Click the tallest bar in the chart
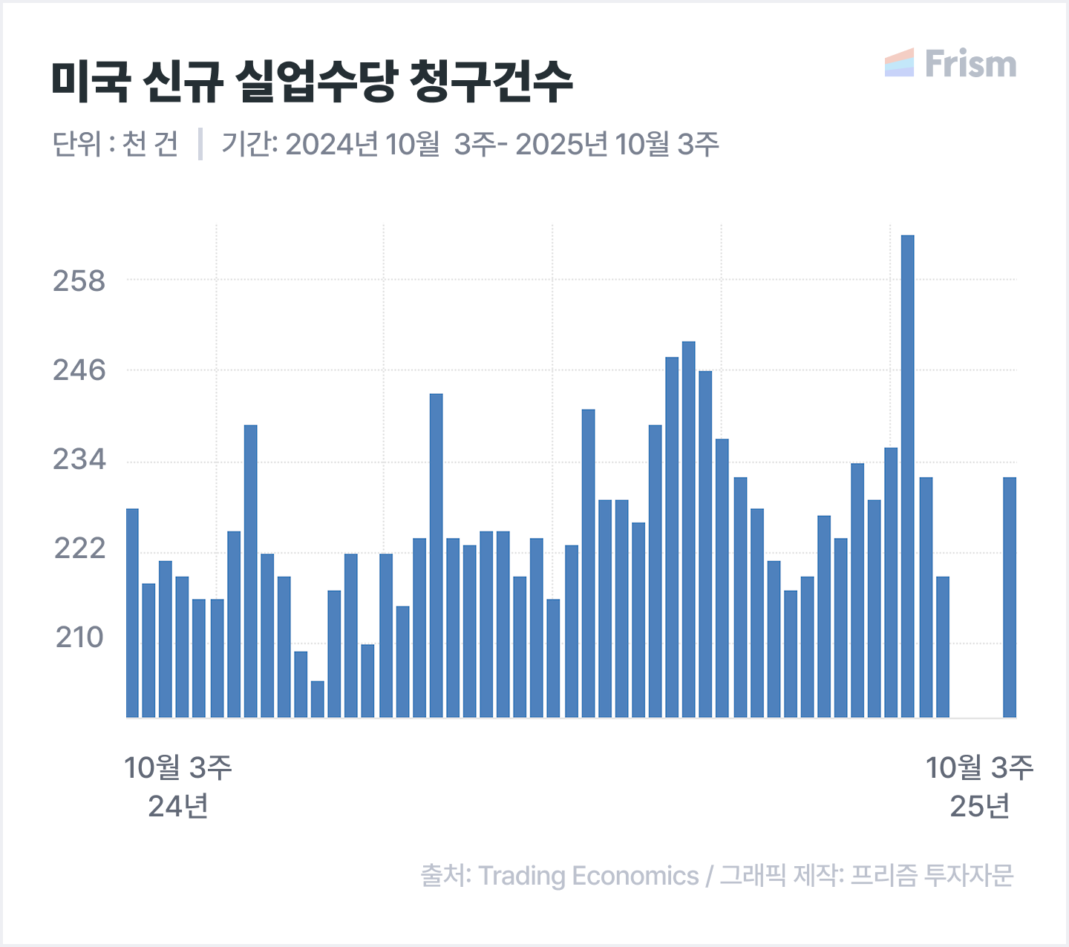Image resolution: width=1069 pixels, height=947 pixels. pyautogui.click(x=907, y=475)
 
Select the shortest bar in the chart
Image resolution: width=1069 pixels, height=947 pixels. pyautogui.click(x=317, y=698)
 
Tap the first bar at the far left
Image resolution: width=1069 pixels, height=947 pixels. pyautogui.click(x=132, y=612)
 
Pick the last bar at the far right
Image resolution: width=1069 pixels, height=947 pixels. pyautogui.click(x=1009, y=597)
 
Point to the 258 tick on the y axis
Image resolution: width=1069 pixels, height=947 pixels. pyautogui.click(x=79, y=281)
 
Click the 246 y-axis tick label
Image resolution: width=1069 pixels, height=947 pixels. pyautogui.click(x=79, y=370)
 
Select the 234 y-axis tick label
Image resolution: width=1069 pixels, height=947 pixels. pyautogui.click(x=79, y=460)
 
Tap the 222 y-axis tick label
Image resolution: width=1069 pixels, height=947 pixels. pyautogui.click(x=79, y=549)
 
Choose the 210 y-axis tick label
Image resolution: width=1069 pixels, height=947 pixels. pyautogui.click(x=79, y=638)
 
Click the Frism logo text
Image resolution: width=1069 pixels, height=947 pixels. pyautogui.click(x=970, y=64)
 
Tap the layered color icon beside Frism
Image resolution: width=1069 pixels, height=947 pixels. pyautogui.click(x=899, y=63)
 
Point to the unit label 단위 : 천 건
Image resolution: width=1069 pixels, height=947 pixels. pyautogui.click(x=115, y=144)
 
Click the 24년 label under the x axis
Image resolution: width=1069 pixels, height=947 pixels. pyautogui.click(x=178, y=806)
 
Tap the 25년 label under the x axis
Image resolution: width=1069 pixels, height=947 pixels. pyautogui.click(x=979, y=806)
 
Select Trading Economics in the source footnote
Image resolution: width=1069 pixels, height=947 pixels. pyautogui.click(x=588, y=876)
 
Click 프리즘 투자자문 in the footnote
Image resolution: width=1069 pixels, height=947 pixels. pyautogui.click(x=931, y=876)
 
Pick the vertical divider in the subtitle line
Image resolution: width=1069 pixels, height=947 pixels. pyautogui.click(x=200, y=144)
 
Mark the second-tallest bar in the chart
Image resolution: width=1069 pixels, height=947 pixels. pyautogui.click(x=688, y=529)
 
